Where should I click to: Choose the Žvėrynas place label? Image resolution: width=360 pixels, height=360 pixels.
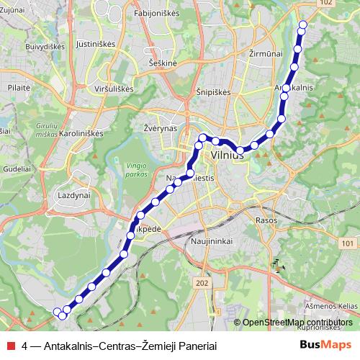[x=150, y=127]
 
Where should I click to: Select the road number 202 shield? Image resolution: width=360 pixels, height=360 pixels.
[x=202, y=284]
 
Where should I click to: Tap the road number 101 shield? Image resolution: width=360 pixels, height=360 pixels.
[x=348, y=245]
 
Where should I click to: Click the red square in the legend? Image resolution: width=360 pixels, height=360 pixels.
[x=10, y=344]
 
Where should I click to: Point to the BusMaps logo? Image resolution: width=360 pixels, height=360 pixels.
[x=326, y=344]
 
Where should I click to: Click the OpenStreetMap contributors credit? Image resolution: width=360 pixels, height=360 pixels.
[x=297, y=323]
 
